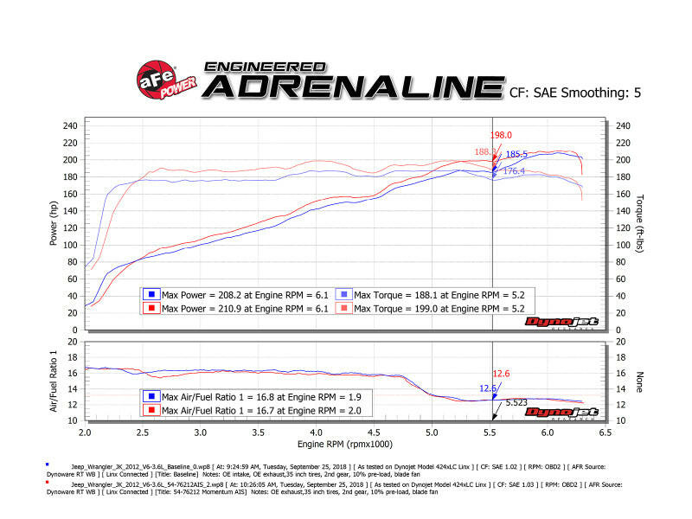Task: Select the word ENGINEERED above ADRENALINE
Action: tap(265, 66)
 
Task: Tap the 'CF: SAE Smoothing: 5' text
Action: tap(576, 91)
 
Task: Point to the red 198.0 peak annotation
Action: tap(502, 135)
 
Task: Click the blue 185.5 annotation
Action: tap(516, 155)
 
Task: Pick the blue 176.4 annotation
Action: tap(514, 171)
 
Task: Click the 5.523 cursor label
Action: tap(516, 402)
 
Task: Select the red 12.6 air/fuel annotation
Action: tap(503, 374)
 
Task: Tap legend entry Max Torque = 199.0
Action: tap(432, 308)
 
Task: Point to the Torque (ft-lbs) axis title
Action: tap(639, 223)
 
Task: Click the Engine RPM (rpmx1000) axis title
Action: tap(343, 445)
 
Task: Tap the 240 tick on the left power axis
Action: tap(70, 125)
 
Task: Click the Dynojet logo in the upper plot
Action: tap(561, 323)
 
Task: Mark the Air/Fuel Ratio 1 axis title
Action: tap(54, 380)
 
